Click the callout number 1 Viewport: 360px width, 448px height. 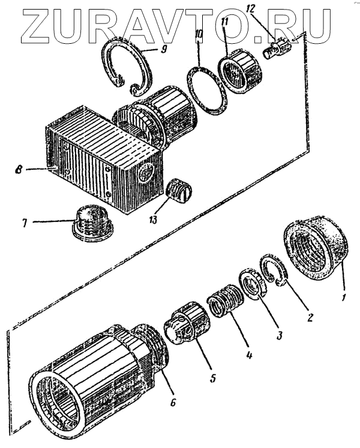(x=343, y=296)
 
